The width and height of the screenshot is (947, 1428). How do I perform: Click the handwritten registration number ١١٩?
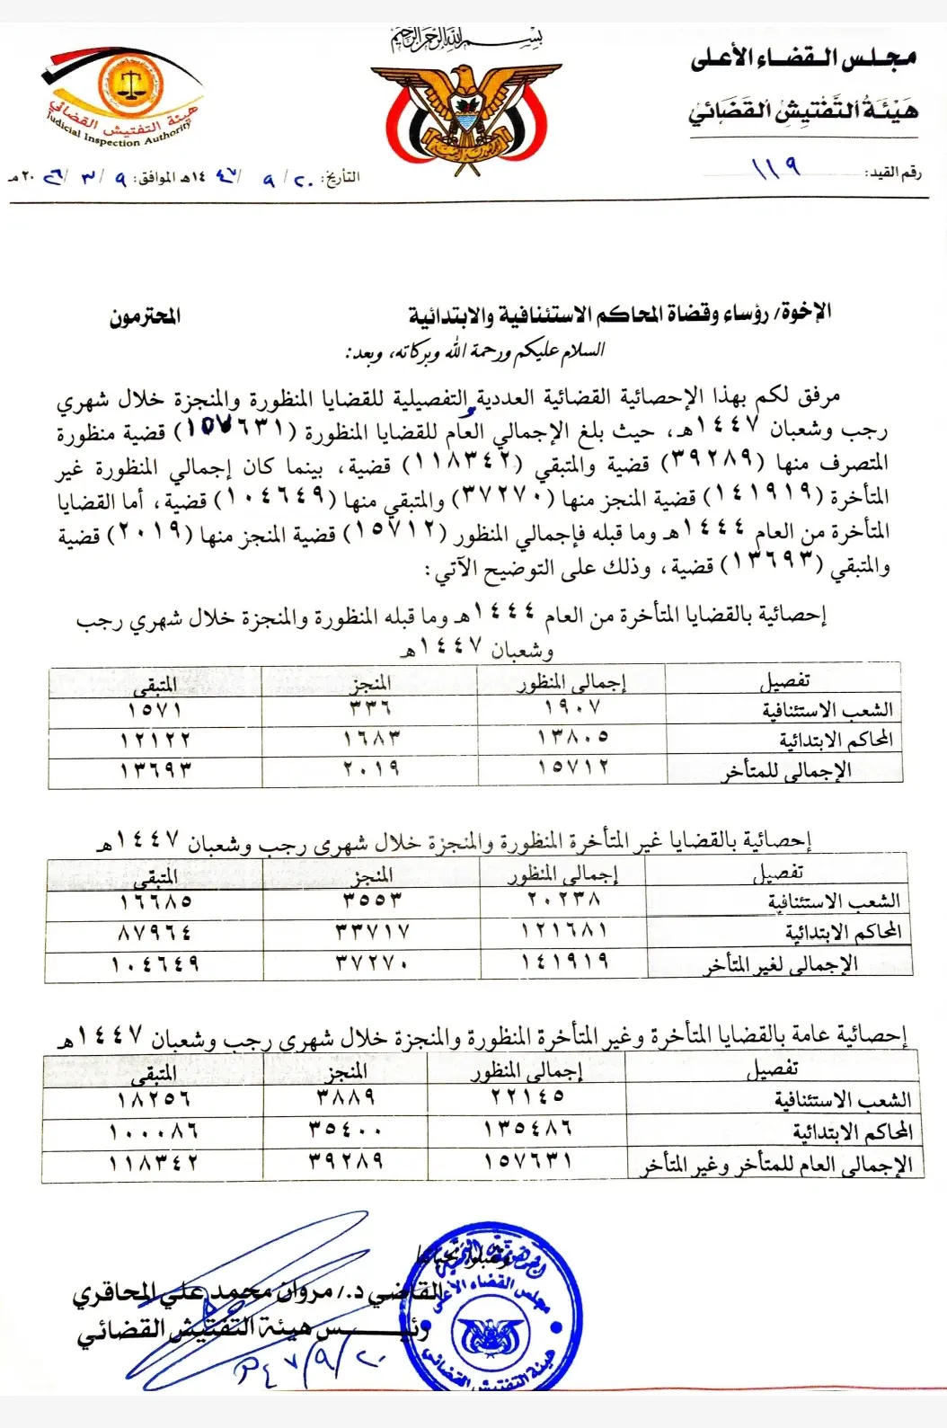coord(774,168)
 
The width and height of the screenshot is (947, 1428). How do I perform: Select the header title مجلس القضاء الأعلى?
coord(802,60)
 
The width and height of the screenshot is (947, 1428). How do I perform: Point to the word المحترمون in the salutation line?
coord(145,316)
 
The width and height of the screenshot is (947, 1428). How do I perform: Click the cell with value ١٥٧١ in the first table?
coord(155,710)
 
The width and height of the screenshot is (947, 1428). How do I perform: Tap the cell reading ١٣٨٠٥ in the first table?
coord(572,738)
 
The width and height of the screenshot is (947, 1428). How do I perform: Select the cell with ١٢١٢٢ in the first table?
coord(155,740)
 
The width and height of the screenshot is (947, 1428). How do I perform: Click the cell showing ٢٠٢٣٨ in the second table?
coord(563,900)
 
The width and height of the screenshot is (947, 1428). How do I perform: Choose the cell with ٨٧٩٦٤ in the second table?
coord(155,933)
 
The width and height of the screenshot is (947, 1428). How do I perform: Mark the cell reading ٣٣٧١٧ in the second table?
coord(373,932)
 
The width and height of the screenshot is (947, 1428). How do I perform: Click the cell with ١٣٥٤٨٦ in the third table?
coord(527,1129)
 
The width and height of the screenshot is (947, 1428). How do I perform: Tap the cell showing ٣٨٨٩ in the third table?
coord(346,1097)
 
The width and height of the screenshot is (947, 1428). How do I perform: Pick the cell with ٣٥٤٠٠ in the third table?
coord(346,1130)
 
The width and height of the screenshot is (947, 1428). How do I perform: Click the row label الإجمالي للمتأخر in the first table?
coord(785,771)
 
